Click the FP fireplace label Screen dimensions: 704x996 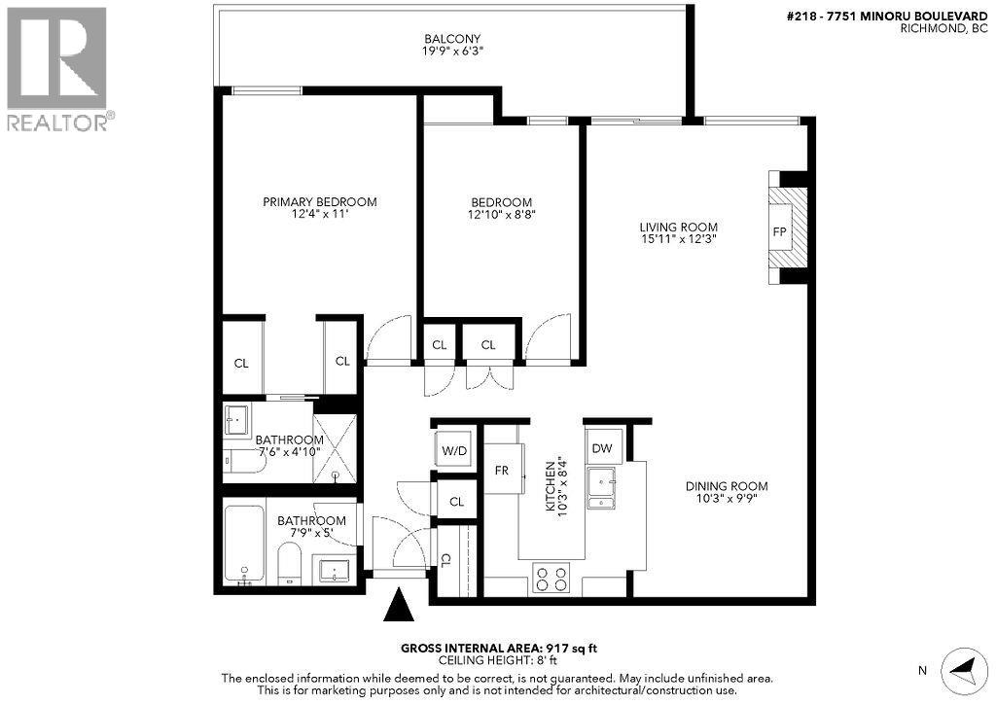click(779, 232)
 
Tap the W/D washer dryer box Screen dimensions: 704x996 click(453, 450)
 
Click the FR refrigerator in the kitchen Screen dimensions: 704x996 click(502, 470)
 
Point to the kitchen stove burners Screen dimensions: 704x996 click(551, 579)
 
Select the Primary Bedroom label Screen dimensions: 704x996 click(320, 201)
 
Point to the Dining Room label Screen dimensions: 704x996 click(728, 486)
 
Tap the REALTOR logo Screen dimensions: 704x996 click(58, 68)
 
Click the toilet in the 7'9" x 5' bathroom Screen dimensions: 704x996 click(290, 563)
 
